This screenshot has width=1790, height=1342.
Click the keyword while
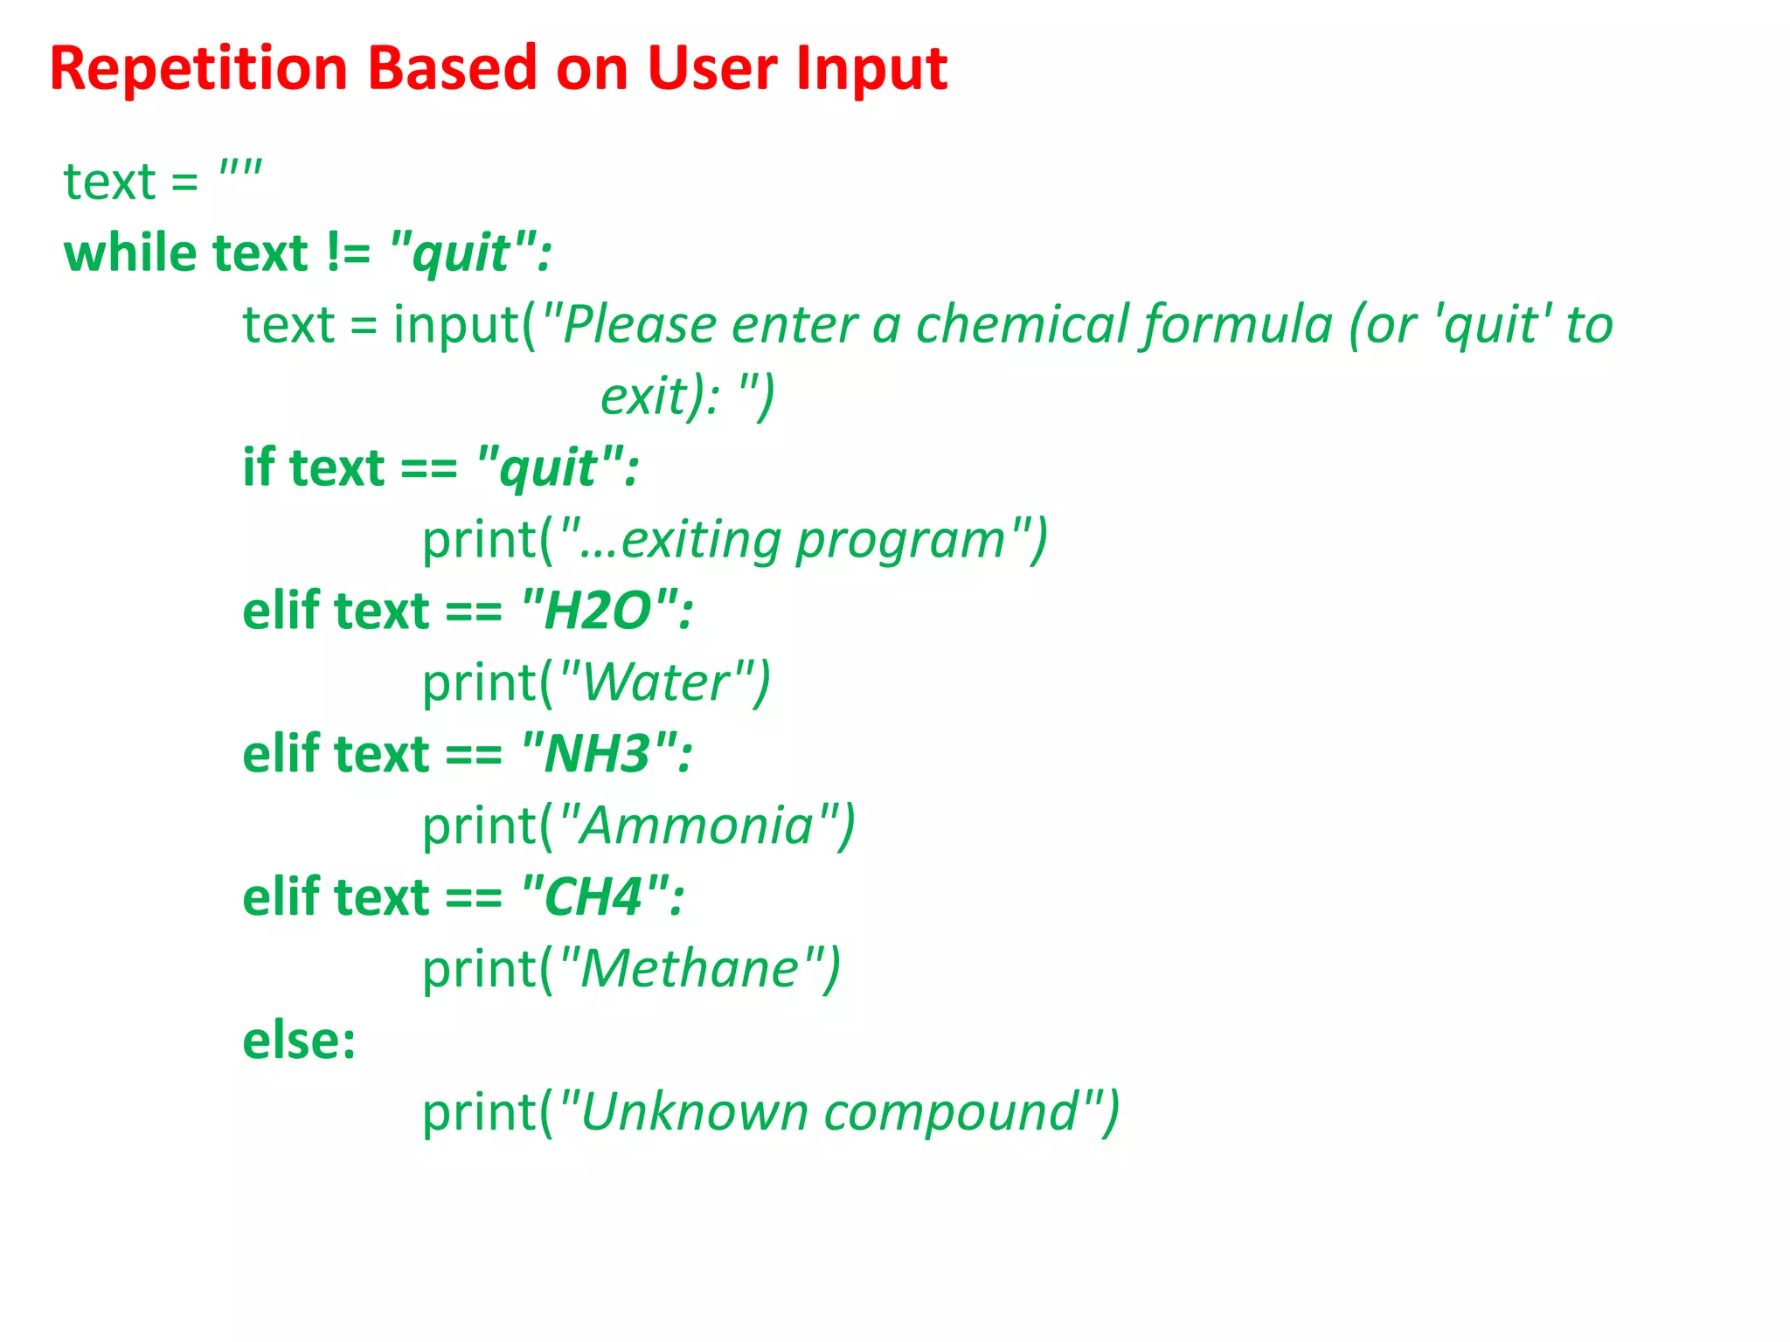coord(129,253)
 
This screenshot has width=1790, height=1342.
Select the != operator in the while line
coord(348,253)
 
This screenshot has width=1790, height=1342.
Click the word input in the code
coord(455,325)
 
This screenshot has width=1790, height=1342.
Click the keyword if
coord(259,467)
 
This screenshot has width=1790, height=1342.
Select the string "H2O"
coord(600,611)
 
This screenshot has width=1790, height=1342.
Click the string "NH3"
coord(600,754)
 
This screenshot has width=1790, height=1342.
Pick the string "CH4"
coord(595,897)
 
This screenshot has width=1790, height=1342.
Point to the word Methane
coord(690,969)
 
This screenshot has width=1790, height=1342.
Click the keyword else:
coord(299,1041)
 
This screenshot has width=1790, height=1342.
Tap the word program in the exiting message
coord(901,540)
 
